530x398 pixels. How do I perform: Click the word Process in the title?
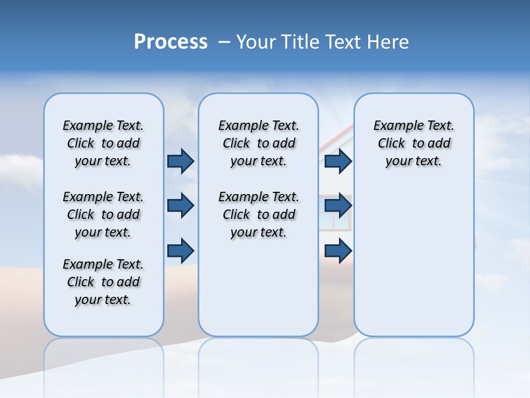click(x=171, y=42)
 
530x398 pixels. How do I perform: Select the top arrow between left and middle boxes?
click(x=181, y=161)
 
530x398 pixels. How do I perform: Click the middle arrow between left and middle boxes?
click(x=181, y=206)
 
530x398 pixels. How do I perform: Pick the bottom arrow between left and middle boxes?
click(x=181, y=250)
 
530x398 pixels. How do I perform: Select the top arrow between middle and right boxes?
click(x=338, y=161)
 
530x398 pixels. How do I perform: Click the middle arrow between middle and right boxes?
click(x=338, y=206)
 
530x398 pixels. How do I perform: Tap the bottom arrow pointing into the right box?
click(x=338, y=250)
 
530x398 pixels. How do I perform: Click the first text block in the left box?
click(x=103, y=143)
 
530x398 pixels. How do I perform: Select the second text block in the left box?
click(x=103, y=214)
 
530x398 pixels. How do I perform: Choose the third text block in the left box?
click(x=103, y=282)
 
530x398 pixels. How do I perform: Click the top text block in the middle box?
click(x=258, y=143)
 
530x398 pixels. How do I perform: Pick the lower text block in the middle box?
click(x=258, y=214)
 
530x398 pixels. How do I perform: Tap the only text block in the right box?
click(x=414, y=143)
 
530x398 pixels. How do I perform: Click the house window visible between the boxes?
click(x=334, y=221)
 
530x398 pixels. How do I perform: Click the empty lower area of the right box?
click(x=414, y=265)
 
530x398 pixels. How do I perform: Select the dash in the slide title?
click(x=224, y=42)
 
